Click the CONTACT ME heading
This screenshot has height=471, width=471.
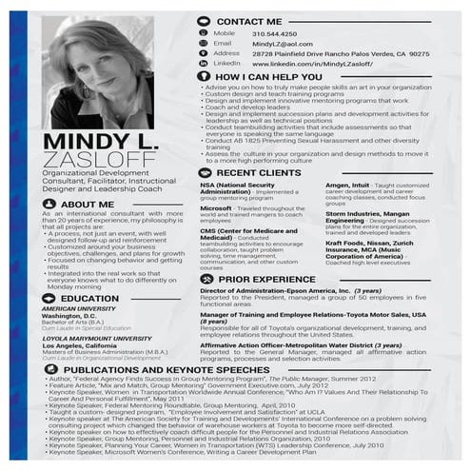pos(248,20)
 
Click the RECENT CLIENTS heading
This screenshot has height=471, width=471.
pos(253,173)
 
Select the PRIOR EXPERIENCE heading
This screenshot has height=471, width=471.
pos(260,280)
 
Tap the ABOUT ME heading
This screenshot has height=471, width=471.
pos(87,205)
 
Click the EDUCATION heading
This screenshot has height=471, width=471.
pos(89,298)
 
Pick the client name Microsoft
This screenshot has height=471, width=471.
pos(216,207)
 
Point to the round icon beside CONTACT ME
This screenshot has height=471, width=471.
pos(204,20)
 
